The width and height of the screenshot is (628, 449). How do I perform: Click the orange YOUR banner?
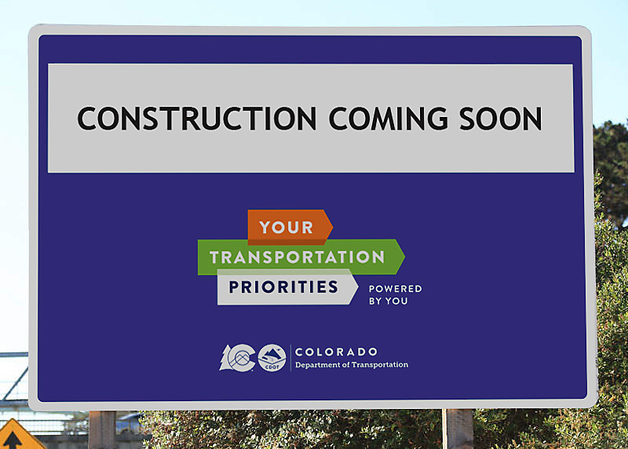pyautogui.click(x=287, y=228)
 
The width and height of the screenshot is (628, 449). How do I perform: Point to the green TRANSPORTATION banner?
pyautogui.click(x=298, y=257)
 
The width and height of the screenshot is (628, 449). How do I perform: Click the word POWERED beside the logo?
pyautogui.click(x=396, y=289)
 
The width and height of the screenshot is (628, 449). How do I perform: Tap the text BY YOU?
pyautogui.click(x=389, y=301)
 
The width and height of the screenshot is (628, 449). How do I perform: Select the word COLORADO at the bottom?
pyautogui.click(x=337, y=352)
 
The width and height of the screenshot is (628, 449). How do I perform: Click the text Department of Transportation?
pyautogui.click(x=351, y=365)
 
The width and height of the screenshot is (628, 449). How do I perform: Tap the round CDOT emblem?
pyautogui.click(x=272, y=357)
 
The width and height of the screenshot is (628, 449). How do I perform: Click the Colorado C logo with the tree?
pyautogui.click(x=237, y=358)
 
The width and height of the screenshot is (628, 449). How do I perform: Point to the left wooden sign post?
pyautogui.click(x=102, y=429)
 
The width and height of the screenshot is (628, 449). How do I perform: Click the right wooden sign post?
pyautogui.click(x=458, y=429)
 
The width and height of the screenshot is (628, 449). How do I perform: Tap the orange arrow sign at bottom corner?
pyautogui.click(x=17, y=436)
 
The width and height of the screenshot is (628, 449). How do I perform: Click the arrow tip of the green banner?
pyautogui.click(x=400, y=257)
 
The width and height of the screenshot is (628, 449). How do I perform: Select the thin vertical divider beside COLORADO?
pyautogui.click(x=291, y=358)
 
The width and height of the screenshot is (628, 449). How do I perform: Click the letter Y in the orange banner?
pyautogui.click(x=265, y=228)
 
